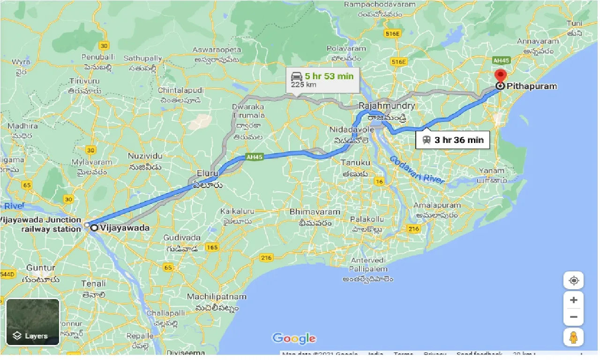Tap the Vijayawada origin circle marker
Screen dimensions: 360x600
94,228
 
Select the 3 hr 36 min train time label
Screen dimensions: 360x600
452,140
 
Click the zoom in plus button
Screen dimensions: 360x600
573,300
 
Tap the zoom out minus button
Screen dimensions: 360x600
573,317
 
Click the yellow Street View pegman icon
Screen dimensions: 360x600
573,337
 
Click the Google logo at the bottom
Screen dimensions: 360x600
294,338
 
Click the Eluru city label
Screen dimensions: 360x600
208,173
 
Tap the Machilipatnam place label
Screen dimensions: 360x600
217,297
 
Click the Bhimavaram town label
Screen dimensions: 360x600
315,212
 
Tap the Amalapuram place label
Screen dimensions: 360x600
437,205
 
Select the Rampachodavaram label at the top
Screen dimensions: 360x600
380,5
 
